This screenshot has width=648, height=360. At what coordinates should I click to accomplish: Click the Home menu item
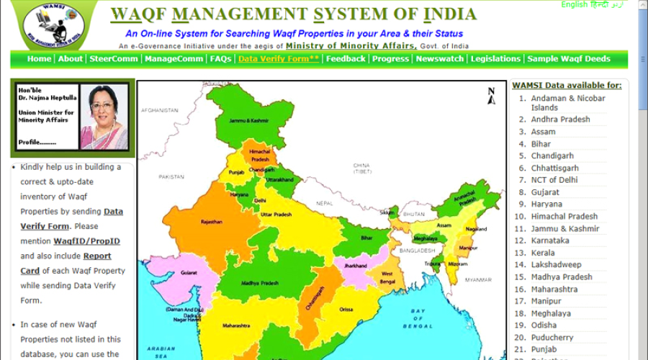[x=40, y=59]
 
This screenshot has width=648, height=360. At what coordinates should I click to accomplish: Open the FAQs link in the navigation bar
[x=220, y=59]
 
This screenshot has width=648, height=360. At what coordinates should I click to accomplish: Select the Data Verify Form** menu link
[x=279, y=59]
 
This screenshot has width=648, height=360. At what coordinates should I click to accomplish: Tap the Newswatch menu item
[x=440, y=59]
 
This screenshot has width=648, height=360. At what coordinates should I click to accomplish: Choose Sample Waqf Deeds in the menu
[x=568, y=59]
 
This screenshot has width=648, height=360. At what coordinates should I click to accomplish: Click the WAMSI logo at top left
[x=54, y=26]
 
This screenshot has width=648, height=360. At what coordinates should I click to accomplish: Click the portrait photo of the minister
[x=104, y=117]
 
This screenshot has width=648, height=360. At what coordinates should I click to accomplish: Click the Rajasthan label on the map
[x=211, y=222]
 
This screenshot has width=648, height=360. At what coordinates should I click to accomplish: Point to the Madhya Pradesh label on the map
[x=260, y=283]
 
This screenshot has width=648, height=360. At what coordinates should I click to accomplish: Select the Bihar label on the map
[x=366, y=237]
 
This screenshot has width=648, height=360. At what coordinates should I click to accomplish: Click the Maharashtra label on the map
[x=235, y=325]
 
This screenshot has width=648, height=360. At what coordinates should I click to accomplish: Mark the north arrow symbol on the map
[x=491, y=96]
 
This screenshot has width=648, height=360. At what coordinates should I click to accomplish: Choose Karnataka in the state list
[x=550, y=240]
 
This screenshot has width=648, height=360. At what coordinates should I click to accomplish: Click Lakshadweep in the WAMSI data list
[x=556, y=265]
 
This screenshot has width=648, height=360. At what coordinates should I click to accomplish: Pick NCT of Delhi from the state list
[x=554, y=180]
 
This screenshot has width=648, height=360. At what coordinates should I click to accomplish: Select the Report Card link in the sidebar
[x=97, y=256]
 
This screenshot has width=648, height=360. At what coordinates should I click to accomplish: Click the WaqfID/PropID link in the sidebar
[x=86, y=241]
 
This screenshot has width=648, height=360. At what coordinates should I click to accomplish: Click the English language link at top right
[x=574, y=4]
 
